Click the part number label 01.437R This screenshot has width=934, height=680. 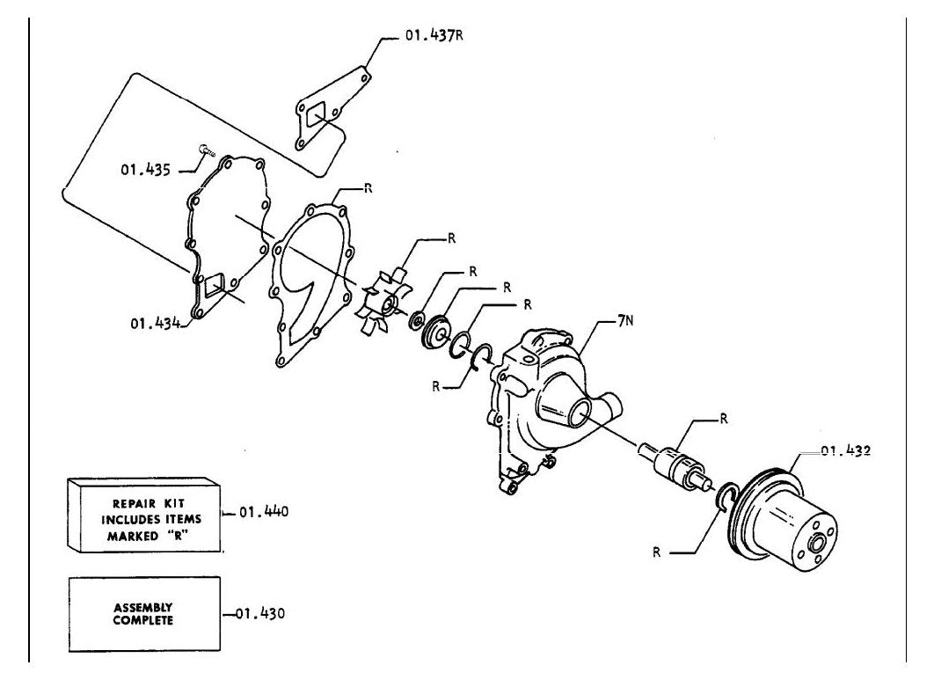[x=434, y=35]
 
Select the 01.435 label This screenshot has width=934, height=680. [x=146, y=170]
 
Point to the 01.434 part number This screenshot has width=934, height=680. [x=156, y=324]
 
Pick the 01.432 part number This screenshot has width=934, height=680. [x=846, y=450]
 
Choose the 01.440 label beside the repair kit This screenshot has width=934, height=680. [x=264, y=512]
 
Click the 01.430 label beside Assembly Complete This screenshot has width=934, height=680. [x=260, y=613]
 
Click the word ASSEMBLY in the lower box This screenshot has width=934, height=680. [x=143, y=607]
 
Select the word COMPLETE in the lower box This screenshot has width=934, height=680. [x=143, y=620]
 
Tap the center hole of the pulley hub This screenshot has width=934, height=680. [x=816, y=545]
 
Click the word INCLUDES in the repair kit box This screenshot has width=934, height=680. [x=151, y=519]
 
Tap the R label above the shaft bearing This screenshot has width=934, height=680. [x=724, y=419]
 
